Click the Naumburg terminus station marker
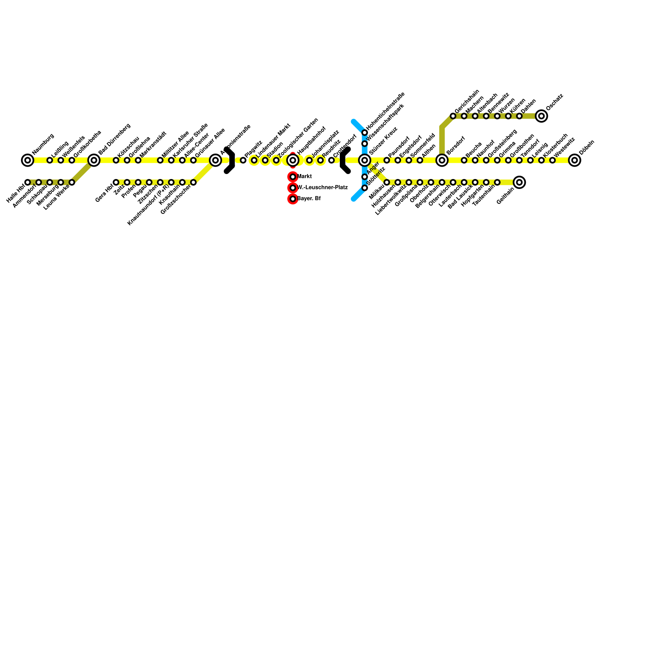tap(28, 160)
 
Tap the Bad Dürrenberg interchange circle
tap(94, 160)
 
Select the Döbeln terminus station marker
tap(574, 160)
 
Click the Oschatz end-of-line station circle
tap(541, 116)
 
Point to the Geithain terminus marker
tap(519, 182)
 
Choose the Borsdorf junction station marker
tap(442, 160)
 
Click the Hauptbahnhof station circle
tap(293, 160)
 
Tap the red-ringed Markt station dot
tap(293, 177)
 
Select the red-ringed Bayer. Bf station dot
tap(293, 199)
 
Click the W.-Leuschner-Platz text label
tap(322, 188)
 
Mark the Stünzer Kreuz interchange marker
tap(365, 160)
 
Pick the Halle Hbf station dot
tap(28, 182)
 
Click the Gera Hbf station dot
tap(116, 182)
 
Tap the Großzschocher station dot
tap(194, 182)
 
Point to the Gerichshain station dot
tap(453, 116)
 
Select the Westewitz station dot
tap(552, 160)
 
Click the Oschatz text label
tap(554, 102)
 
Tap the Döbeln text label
tap(587, 148)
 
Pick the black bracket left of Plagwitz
tap(230, 160)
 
